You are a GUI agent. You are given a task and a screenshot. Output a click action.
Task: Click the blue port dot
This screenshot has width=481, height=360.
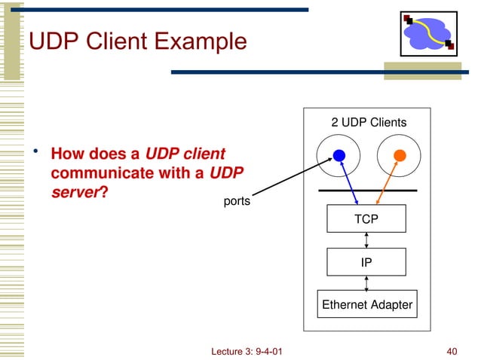339,155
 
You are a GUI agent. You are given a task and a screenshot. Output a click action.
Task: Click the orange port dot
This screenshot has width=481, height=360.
400,155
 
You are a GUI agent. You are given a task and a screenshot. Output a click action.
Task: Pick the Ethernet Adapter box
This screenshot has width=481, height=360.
366,305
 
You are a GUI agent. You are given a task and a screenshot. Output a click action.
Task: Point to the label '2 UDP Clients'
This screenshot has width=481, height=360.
369,122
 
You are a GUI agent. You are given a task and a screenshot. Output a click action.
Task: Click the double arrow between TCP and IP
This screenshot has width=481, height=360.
366,240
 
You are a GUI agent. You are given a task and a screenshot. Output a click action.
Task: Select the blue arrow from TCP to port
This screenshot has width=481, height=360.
348,181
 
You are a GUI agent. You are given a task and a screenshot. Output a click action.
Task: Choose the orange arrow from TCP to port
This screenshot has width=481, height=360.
388,181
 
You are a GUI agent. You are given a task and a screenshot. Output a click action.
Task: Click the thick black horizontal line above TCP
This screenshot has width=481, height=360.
367,191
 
